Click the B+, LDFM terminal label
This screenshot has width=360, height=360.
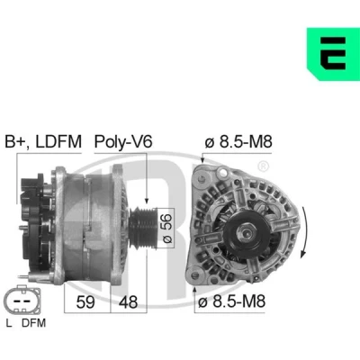43,142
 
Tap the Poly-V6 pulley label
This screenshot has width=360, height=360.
123,141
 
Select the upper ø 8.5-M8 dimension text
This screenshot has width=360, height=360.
238,141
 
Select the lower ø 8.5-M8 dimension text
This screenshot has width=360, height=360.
231,301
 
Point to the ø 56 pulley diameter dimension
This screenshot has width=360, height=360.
167,228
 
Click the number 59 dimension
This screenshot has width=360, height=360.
85,301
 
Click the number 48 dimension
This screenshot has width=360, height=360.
128,301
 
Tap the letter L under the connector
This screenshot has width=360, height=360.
9,323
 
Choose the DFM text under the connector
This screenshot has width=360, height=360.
34,323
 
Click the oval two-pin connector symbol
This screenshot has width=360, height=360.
22,301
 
